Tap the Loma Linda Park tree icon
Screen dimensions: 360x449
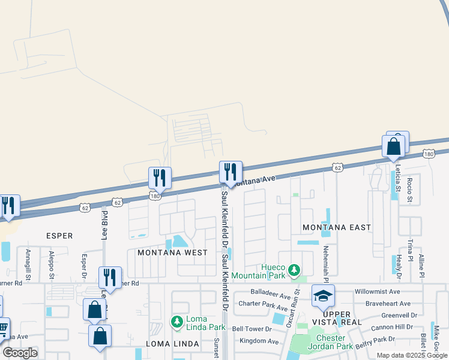coord(177,322)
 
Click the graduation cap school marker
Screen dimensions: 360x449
coord(323,295)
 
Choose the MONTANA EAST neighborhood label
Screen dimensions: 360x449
coord(336,227)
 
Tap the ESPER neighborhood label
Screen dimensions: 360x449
coord(59,236)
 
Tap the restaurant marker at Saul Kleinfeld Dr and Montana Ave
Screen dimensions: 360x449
coord(231,172)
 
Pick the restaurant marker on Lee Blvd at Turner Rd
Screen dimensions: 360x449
coord(110,277)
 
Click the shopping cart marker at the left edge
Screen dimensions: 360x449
coord(3,328)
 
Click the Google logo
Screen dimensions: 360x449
coord(20,352)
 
